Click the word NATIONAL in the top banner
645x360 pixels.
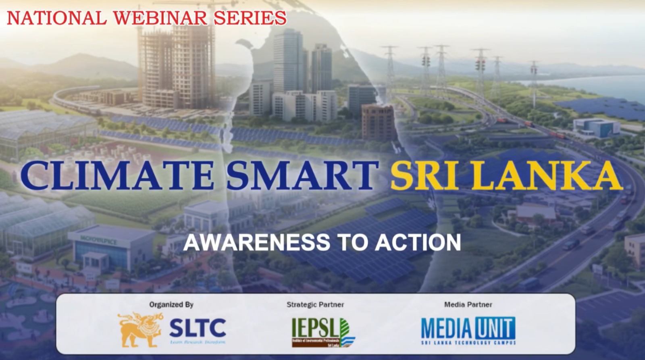[56, 18]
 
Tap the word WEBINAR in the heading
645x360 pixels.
[160, 18]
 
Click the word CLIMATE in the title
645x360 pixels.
[117, 175]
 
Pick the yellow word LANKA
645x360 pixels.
[549, 176]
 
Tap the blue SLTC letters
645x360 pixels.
[198, 327]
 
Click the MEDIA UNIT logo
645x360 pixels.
[468, 330]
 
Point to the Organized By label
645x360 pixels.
[171, 304]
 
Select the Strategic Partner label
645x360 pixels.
[315, 304]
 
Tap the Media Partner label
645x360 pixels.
[468, 304]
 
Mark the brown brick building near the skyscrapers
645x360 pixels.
[378, 122]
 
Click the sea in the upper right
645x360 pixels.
[605, 87]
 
